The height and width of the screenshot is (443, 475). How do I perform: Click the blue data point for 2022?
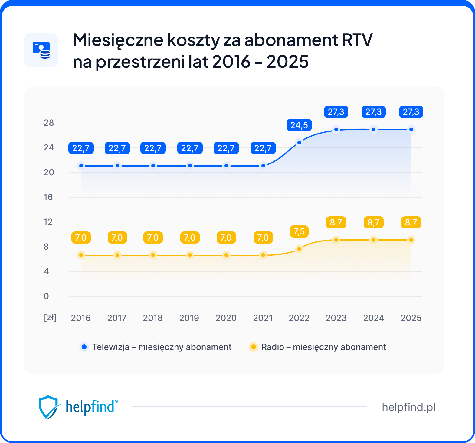[x=299, y=142]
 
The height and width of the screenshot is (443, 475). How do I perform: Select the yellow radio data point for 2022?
[x=299, y=249]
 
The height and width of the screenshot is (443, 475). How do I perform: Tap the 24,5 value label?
[x=299, y=125]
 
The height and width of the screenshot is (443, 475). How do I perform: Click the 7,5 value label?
[x=299, y=231]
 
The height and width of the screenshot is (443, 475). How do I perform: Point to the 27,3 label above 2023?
[x=336, y=112]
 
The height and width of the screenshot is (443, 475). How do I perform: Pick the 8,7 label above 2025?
[x=411, y=222]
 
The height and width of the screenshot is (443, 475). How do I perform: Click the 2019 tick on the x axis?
[x=189, y=318]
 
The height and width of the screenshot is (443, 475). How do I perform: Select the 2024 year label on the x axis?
[x=373, y=318]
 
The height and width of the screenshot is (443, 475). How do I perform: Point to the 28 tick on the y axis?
[x=49, y=123]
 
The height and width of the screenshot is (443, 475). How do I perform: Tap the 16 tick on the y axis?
[x=48, y=197]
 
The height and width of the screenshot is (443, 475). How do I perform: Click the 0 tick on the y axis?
[x=46, y=296]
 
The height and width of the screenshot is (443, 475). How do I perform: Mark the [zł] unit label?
[x=50, y=318]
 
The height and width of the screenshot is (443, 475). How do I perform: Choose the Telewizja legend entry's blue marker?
[x=84, y=347]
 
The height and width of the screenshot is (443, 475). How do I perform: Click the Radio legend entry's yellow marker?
[x=253, y=347]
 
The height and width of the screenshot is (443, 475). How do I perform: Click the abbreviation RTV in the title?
[x=357, y=40]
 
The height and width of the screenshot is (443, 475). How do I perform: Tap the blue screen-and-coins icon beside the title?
[x=41, y=50]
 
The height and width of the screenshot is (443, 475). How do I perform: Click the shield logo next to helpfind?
[x=48, y=406]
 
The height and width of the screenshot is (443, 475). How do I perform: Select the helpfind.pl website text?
[x=408, y=407]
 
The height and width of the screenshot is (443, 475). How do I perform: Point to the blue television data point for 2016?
[x=81, y=166]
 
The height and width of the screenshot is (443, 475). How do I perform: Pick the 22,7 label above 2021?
[x=263, y=148]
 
